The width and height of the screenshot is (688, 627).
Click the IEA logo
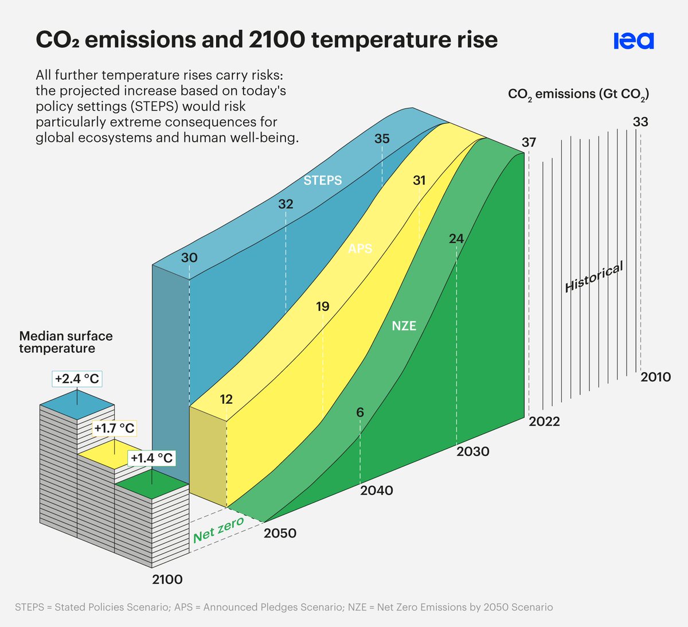click(x=633, y=41)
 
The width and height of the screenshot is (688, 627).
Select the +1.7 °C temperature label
click(x=115, y=429)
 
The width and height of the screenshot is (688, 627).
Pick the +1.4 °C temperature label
click(x=151, y=458)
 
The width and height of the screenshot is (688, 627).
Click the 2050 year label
click(x=280, y=533)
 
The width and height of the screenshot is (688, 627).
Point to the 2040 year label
click(x=377, y=490)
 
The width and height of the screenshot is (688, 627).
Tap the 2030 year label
click(x=473, y=451)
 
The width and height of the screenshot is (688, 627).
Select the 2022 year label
click(x=544, y=422)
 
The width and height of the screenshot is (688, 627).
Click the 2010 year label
click(x=655, y=377)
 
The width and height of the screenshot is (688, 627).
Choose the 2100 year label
click(x=167, y=579)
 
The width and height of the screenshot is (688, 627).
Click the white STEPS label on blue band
click(x=323, y=181)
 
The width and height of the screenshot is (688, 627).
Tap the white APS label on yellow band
click(x=360, y=248)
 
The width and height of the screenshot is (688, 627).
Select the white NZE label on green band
click(x=404, y=326)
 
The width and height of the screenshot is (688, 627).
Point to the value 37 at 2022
click(x=529, y=142)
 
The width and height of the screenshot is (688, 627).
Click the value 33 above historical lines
click(x=640, y=122)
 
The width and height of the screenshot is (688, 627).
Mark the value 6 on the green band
click(x=360, y=412)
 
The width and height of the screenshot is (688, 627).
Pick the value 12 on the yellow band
click(x=226, y=399)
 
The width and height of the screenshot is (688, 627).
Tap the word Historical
click(x=594, y=277)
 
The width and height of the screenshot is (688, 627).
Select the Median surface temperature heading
click(x=66, y=342)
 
